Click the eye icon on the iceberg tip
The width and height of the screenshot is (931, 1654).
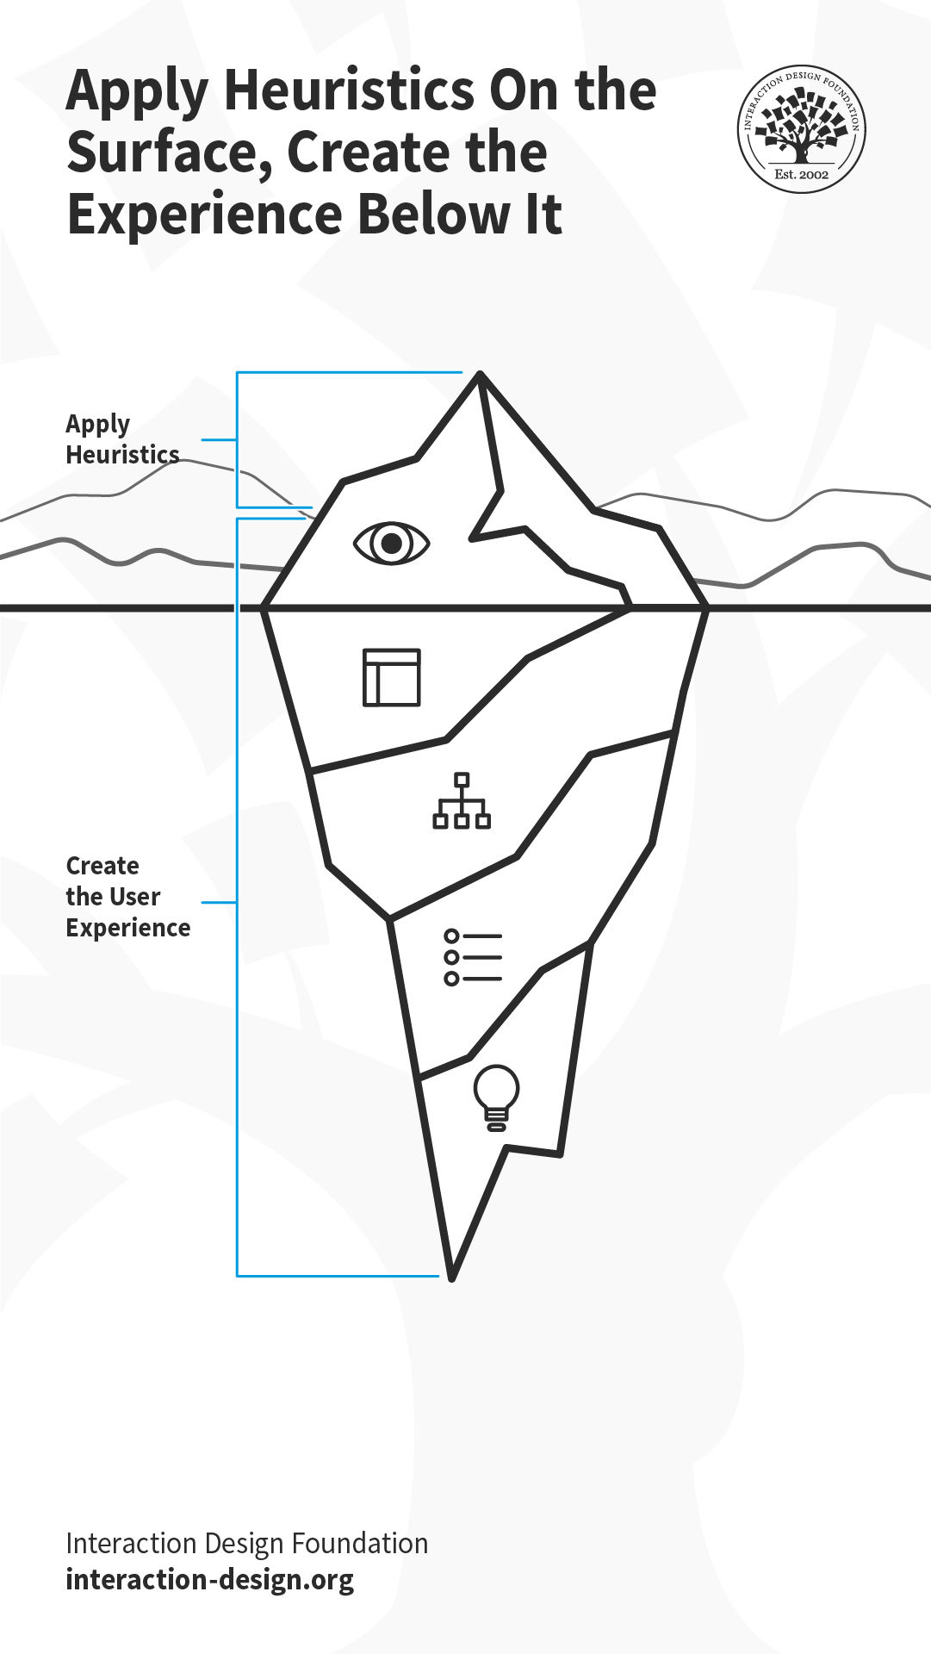pos(391,544)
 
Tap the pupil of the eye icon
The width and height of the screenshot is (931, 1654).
pos(391,544)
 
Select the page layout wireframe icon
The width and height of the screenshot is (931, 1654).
pos(392,677)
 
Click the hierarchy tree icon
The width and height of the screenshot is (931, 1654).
pos(462,801)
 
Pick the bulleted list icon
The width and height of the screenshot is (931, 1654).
pos(473,957)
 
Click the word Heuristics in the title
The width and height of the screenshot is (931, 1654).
pos(348,90)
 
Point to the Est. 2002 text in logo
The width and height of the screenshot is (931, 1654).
pos(801,174)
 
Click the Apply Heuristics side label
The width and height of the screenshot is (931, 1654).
pos(122,439)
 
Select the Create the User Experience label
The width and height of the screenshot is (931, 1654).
pos(128,896)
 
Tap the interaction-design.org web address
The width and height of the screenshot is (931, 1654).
pos(210,1580)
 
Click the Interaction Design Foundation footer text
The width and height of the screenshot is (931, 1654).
pos(247,1543)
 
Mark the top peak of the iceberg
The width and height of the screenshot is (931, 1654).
pos(480,373)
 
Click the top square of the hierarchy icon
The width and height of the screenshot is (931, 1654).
pos(462,780)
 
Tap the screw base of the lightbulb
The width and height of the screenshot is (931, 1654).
pos(496,1121)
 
